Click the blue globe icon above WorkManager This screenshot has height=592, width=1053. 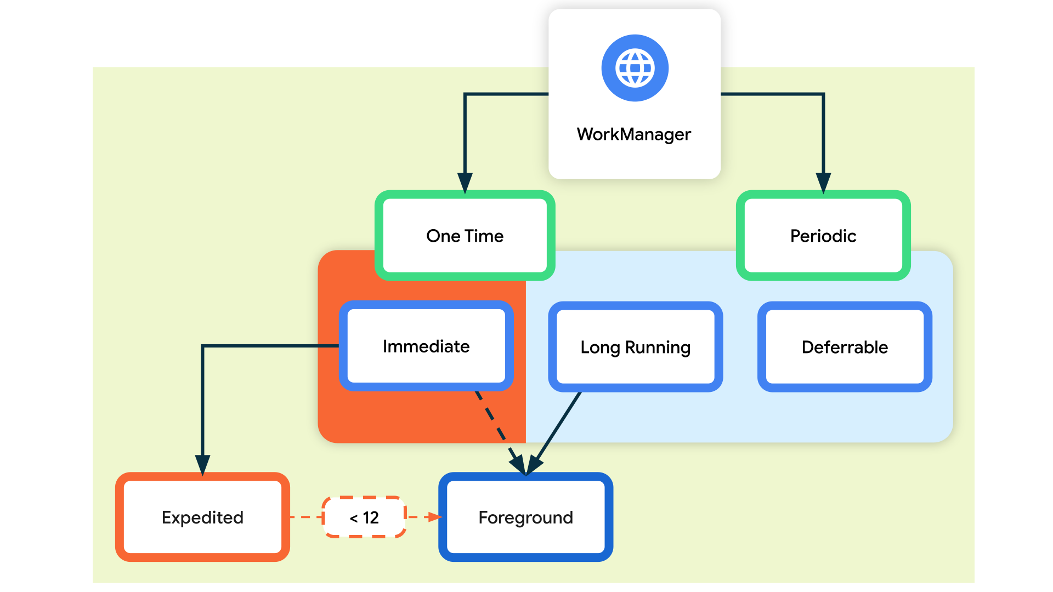[x=635, y=68]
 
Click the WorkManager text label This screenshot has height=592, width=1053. [x=633, y=134]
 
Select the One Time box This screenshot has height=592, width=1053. [x=465, y=236]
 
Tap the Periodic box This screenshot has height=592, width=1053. [x=823, y=236]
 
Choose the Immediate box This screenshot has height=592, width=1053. [x=426, y=346]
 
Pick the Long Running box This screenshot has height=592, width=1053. [x=635, y=347]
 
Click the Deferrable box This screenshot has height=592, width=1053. [x=845, y=347]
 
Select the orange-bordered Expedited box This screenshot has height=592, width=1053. [x=202, y=517]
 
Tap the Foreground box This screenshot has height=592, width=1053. [x=525, y=517]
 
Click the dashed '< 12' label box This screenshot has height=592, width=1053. [x=364, y=517]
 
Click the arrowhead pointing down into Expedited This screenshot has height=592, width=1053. [x=203, y=464]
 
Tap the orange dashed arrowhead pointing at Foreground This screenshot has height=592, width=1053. [x=435, y=517]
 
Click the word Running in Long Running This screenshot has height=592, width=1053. [x=658, y=347]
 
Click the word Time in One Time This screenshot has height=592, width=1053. [x=484, y=236]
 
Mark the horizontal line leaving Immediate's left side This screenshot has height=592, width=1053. [x=269, y=346]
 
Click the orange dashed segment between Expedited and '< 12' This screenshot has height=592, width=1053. [x=306, y=517]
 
